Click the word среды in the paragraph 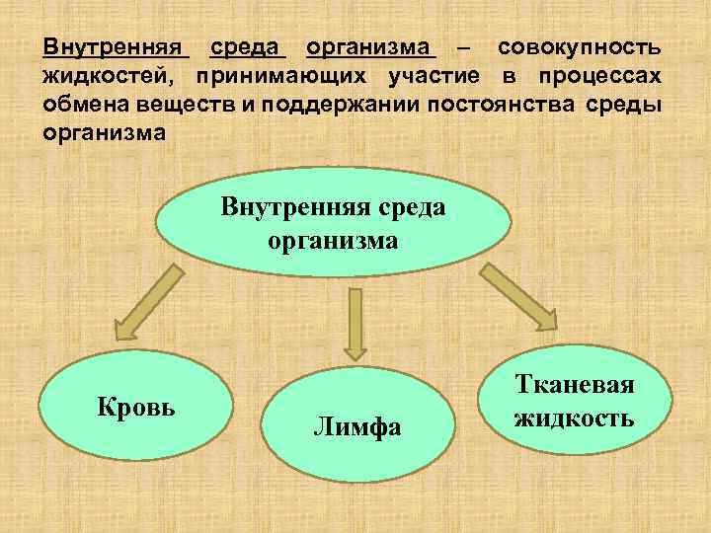[x=624, y=105]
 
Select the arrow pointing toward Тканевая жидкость [x=519, y=296]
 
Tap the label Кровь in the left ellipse [x=135, y=406]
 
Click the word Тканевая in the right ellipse [x=574, y=386]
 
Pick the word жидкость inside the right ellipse [x=574, y=419]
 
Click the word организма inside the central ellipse [x=334, y=240]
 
